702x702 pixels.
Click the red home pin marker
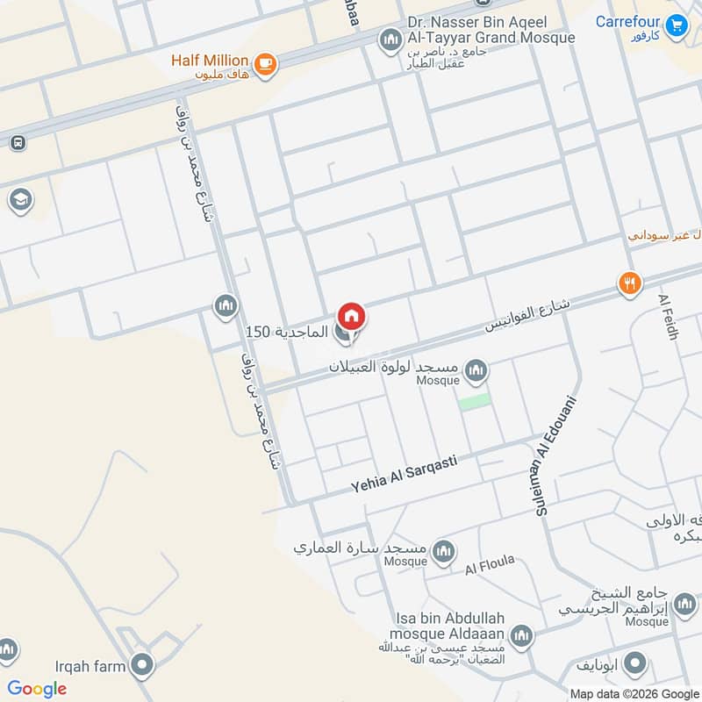[x=351, y=317]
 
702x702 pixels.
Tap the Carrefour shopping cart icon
[x=676, y=25]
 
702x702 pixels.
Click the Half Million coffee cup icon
[x=265, y=62]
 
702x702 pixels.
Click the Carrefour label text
[x=627, y=21]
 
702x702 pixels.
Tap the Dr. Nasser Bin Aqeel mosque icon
[x=389, y=39]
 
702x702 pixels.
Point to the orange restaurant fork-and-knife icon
[x=630, y=283]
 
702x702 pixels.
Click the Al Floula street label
[x=490, y=566]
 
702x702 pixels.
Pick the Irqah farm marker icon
[x=141, y=664]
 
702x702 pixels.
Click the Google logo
[x=37, y=689]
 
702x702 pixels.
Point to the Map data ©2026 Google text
[x=632, y=693]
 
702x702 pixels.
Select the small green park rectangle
[x=474, y=400]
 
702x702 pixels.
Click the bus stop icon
[x=17, y=142]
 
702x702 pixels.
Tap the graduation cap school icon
[x=18, y=200]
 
